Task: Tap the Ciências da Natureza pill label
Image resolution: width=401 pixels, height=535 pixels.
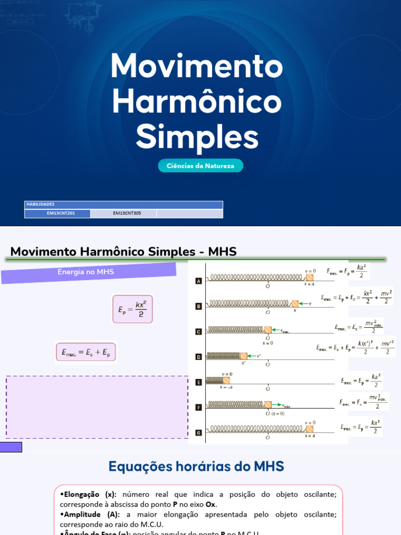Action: tap(200, 166)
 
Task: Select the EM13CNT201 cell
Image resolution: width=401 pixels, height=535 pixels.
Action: tap(57, 213)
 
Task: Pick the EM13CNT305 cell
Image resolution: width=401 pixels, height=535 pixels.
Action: tap(123, 213)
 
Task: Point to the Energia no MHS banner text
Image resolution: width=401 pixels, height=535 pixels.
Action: tap(86, 272)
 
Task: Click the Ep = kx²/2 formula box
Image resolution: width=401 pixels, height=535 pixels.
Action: tap(133, 309)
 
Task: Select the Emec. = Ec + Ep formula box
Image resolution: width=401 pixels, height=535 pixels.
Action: tap(86, 353)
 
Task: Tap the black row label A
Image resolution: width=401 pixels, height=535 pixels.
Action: tap(198, 281)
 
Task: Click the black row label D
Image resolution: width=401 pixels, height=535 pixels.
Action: tap(198, 357)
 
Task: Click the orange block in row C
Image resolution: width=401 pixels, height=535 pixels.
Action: tap(267, 330)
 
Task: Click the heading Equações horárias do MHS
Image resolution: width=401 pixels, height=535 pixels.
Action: tap(196, 466)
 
